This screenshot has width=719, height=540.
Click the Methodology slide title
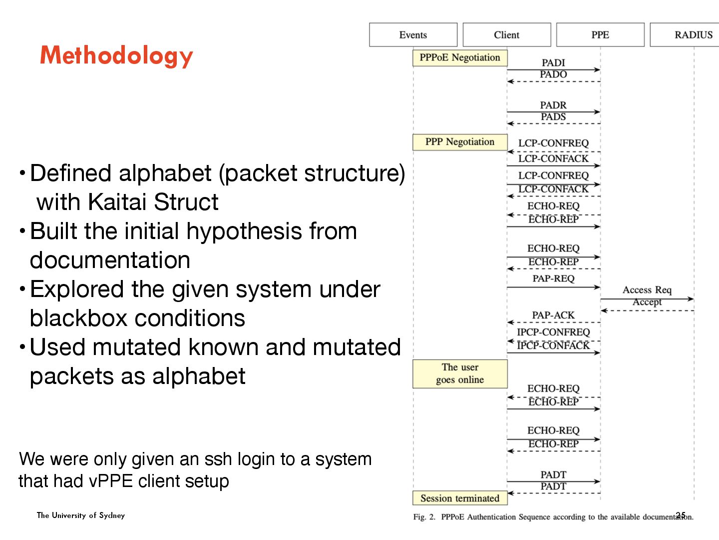[x=116, y=55]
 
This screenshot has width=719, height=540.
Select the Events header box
[x=413, y=35]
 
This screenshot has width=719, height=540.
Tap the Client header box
[x=506, y=35]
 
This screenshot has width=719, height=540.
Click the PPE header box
[x=600, y=35]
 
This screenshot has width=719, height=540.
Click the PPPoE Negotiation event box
[x=460, y=58]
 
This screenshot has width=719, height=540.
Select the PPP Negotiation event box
[x=460, y=142]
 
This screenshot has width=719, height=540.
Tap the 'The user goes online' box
[x=460, y=373]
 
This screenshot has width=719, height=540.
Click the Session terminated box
[x=460, y=498]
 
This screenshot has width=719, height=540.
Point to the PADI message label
[x=553, y=63]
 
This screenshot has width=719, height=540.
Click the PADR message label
[x=553, y=105]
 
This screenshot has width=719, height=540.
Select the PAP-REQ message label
[x=553, y=278]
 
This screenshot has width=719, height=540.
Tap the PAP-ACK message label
[x=553, y=315]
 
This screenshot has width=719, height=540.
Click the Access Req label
[x=647, y=290]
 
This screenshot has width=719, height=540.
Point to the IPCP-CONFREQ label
[x=553, y=332]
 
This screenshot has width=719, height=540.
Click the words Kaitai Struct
[x=153, y=202]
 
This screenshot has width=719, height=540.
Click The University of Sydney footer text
[x=81, y=515]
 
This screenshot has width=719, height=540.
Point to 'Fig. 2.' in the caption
[x=424, y=517]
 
